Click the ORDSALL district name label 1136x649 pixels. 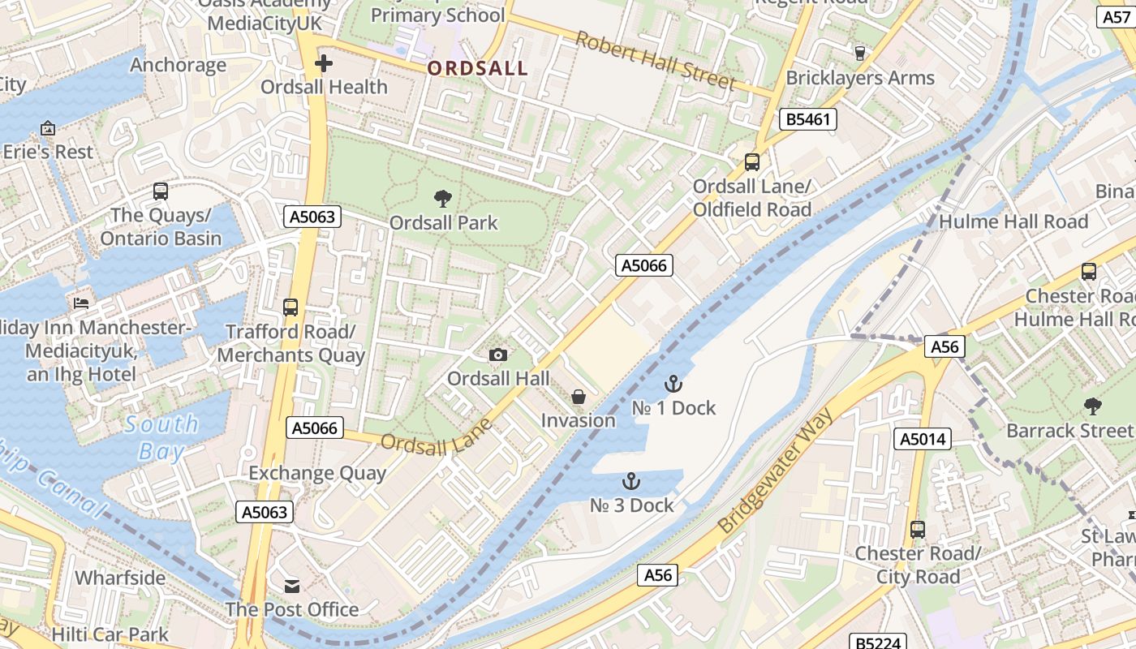pos(478,68)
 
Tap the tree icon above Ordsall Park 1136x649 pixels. pos(443,198)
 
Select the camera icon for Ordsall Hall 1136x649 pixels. pos(498,355)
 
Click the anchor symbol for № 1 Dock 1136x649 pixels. pos(673,384)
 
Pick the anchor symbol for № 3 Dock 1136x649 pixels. pos(630,481)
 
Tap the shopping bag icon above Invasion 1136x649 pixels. pos(579,397)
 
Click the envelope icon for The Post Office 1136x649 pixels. pos(291,586)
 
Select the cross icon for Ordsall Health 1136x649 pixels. pos(324,62)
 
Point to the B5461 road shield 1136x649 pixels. pos(807,119)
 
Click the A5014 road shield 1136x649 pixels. pos(922,439)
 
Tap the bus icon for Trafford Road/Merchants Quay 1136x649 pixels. pos(290,307)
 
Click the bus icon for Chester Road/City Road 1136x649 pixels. pos(918,530)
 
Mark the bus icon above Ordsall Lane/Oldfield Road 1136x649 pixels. pos(752,162)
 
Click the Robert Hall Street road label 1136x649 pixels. pos(656,61)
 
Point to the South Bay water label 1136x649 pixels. pos(161,436)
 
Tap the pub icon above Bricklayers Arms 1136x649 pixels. pos(860,54)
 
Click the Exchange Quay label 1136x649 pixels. pos(317,473)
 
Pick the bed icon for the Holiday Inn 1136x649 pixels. pos(81,303)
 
